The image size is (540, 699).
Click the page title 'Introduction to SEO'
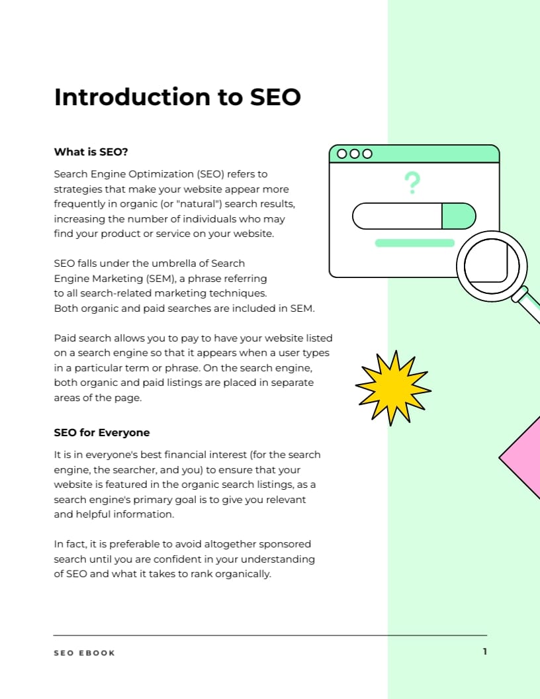[177, 97]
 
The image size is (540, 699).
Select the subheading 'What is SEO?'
[91, 152]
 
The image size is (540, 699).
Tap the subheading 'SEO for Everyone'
[102, 432]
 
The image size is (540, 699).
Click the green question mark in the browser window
[412, 182]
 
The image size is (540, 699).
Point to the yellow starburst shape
[392, 388]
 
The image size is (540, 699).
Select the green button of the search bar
[458, 216]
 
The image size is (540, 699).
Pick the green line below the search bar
[415, 243]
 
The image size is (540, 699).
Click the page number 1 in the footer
[484, 651]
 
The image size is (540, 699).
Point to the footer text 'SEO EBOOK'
[84, 653]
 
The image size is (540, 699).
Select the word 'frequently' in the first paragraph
[79, 204]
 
